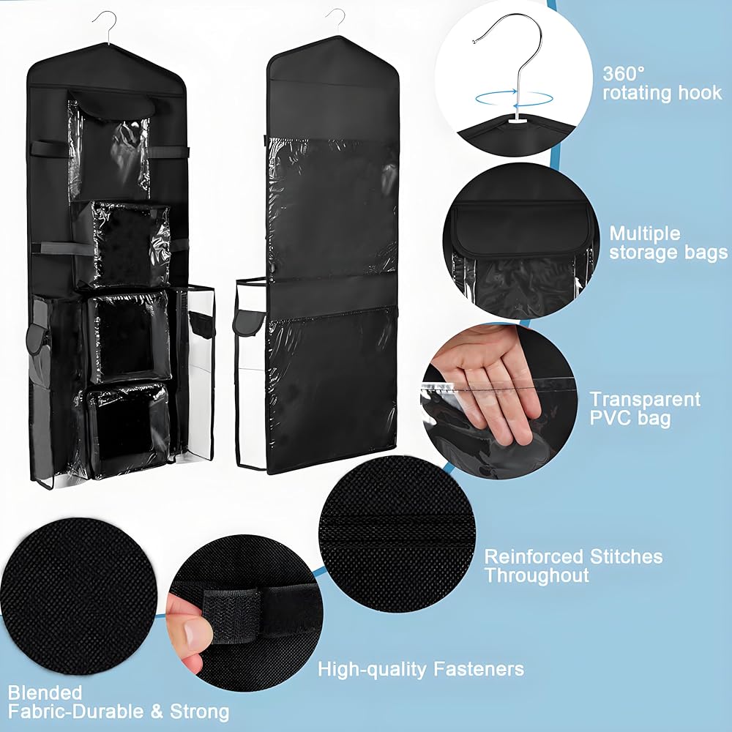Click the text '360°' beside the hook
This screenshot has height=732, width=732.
[x=623, y=73]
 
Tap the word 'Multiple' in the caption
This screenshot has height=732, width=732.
[x=645, y=234]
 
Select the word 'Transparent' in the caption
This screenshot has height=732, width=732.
[x=645, y=399]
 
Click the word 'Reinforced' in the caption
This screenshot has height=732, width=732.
[x=534, y=556]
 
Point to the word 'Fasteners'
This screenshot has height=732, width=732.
[x=479, y=669]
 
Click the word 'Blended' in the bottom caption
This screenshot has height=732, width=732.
[x=45, y=692]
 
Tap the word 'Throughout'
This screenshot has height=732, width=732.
[x=537, y=575]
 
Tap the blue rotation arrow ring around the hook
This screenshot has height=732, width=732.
[x=514, y=99]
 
